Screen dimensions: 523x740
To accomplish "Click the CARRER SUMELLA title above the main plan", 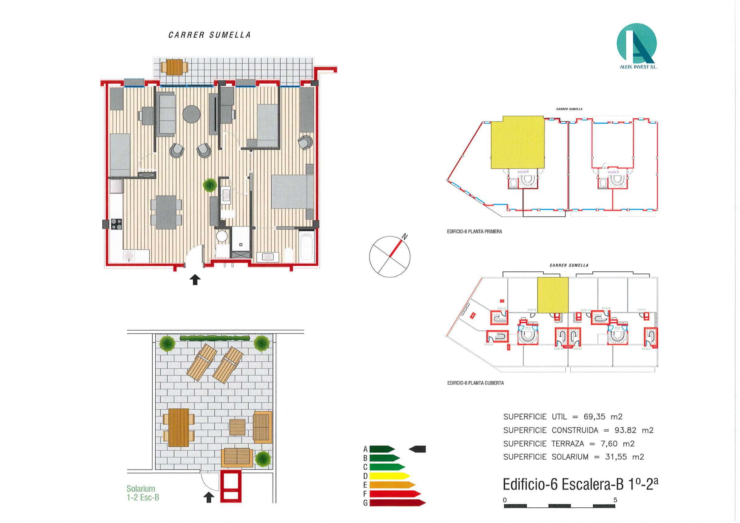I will pyautogui.click(x=209, y=35).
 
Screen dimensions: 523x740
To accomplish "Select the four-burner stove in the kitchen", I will pyautogui.click(x=116, y=224).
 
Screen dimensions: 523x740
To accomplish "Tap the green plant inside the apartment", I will pyautogui.click(x=210, y=185).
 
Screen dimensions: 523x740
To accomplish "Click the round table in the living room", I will pyautogui.click(x=191, y=114).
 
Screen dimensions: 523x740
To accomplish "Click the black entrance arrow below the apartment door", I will pyautogui.click(x=195, y=280).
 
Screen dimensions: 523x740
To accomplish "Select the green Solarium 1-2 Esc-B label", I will pyautogui.click(x=143, y=493).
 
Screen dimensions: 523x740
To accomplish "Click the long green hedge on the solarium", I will pyautogui.click(x=215, y=338).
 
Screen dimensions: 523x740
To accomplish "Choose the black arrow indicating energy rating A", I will pyautogui.click(x=418, y=449).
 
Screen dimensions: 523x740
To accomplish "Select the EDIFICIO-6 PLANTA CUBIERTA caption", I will pyautogui.click(x=476, y=383).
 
